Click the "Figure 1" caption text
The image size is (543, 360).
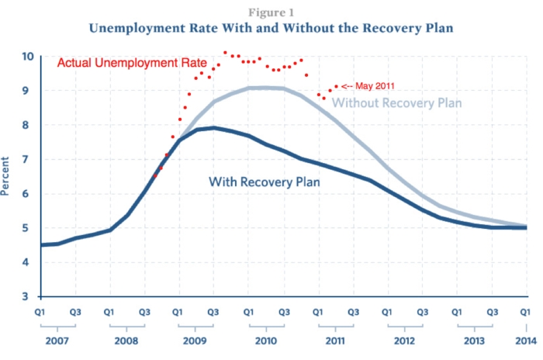pyautogui.click(x=271, y=12)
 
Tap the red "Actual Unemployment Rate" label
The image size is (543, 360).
pyautogui.click(x=132, y=63)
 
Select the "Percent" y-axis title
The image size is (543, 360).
pyautogui.click(x=6, y=178)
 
